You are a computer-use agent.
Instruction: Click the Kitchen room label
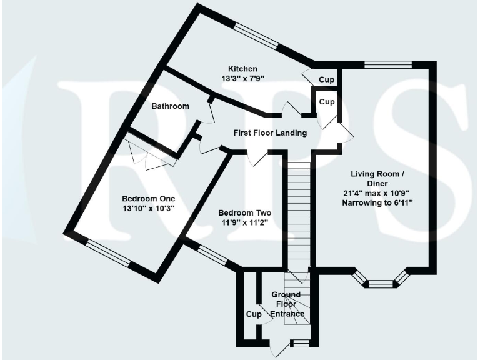[x=242, y=69]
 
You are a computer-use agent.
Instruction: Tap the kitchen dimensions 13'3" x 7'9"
[x=242, y=79]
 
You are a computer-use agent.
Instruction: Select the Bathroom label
[x=170, y=106]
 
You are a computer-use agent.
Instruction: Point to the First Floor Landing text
[x=270, y=133]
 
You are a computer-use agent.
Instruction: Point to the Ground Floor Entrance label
[x=286, y=304]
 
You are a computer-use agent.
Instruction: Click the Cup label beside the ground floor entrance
[x=253, y=314]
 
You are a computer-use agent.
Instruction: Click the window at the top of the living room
[x=387, y=64]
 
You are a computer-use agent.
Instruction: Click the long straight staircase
[x=299, y=212]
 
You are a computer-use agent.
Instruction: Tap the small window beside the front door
[x=300, y=342]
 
